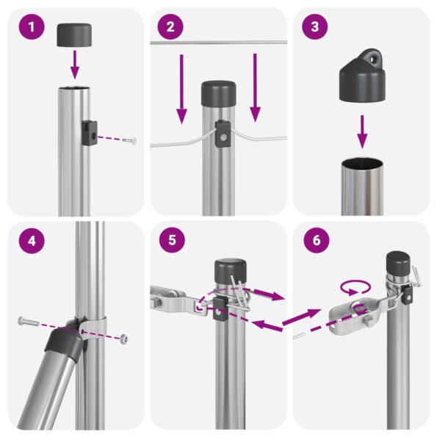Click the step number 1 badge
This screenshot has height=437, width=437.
coord(30,29)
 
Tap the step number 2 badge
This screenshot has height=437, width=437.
coord(170,29)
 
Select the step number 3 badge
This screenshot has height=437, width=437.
coord(314,29)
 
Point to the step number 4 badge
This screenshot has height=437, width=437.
coord(30,242)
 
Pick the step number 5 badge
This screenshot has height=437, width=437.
coord(170,242)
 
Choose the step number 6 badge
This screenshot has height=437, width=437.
coord(314,242)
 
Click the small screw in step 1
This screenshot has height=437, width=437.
coord(130,140)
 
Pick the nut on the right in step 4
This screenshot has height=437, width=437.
coord(124,339)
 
